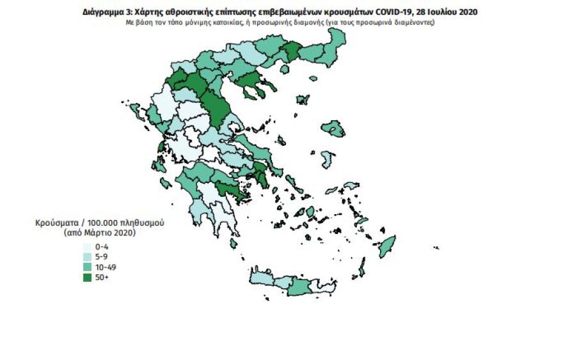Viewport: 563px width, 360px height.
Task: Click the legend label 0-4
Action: click(101, 246)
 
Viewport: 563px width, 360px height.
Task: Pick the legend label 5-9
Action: click(101, 256)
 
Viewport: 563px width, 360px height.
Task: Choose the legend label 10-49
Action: click(104, 267)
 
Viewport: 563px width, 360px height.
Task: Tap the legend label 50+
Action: click(101, 277)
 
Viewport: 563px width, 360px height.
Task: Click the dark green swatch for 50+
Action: click(86, 277)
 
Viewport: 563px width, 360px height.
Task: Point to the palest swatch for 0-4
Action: click(86, 246)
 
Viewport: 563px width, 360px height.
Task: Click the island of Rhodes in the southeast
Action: click(387, 246)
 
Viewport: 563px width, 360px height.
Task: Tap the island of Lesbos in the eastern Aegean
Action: click(334, 129)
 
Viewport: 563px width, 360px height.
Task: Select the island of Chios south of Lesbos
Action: click(328, 159)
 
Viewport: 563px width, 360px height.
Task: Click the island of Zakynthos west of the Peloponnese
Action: click(166, 184)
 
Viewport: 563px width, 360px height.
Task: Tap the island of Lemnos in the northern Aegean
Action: click(302, 100)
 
